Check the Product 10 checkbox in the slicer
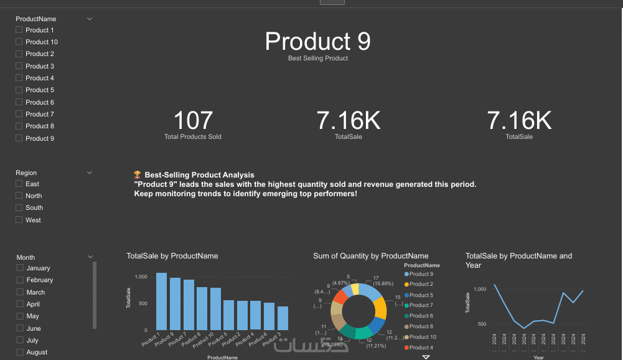pos(19,42)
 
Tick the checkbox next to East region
pos(19,184)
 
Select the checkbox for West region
pos(19,220)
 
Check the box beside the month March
pos(20,292)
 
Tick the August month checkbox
pos(20,352)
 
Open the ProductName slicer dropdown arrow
pos(90,19)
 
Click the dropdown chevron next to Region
pos(90,173)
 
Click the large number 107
pos(193,121)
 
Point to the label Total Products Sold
pos(193,136)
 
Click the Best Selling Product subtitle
pos(318,58)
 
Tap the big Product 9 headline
pos(318,41)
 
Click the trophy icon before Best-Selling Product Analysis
pos(138,175)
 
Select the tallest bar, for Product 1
pos(161,301)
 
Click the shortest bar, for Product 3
pos(283,318)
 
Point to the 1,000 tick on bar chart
pos(141,276)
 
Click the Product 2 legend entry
pos(421,284)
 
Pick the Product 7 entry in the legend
pos(421,305)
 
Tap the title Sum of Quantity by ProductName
pos(370,256)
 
